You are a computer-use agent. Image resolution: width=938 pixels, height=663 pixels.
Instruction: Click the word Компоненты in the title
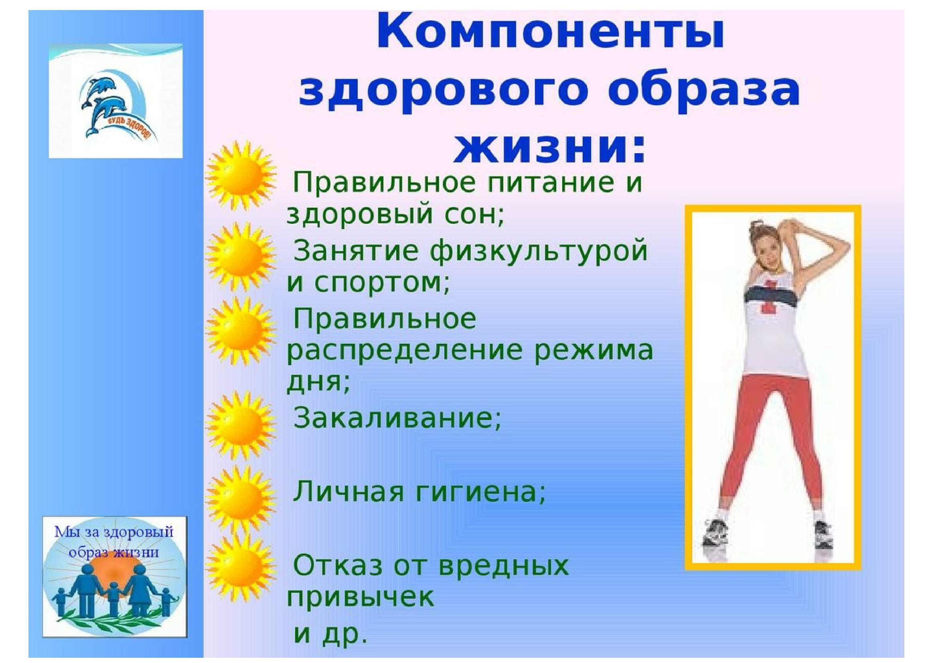coord(550,31)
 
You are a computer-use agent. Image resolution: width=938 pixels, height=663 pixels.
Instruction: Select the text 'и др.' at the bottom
coord(330,635)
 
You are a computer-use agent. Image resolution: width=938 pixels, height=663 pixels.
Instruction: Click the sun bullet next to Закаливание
coord(240,425)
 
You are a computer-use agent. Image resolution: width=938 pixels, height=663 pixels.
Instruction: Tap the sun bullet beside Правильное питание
coord(240,176)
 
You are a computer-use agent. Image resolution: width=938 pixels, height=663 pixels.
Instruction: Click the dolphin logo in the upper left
coord(115,101)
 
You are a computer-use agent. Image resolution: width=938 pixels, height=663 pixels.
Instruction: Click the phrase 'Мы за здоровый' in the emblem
coord(114,532)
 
